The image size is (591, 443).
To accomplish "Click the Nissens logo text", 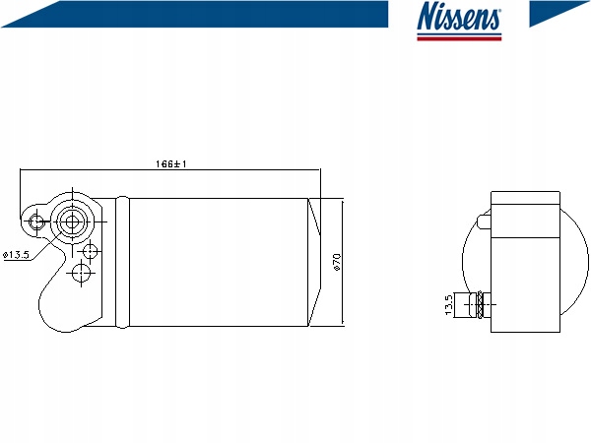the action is coord(459,16).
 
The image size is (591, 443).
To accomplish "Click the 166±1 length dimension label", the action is coord(171,163).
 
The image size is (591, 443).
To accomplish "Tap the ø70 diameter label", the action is coord(337,262).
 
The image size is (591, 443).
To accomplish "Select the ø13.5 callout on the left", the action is coord(16,255).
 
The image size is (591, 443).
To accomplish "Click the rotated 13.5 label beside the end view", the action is coord(448,305).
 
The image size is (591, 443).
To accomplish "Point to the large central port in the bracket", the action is coord(72,222).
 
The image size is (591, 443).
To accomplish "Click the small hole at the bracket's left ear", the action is coord(36,222).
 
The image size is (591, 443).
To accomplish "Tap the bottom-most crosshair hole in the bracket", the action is coord(81,273).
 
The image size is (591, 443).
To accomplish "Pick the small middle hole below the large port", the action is coord(90,251).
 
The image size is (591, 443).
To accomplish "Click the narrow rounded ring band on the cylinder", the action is coord(122,262).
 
